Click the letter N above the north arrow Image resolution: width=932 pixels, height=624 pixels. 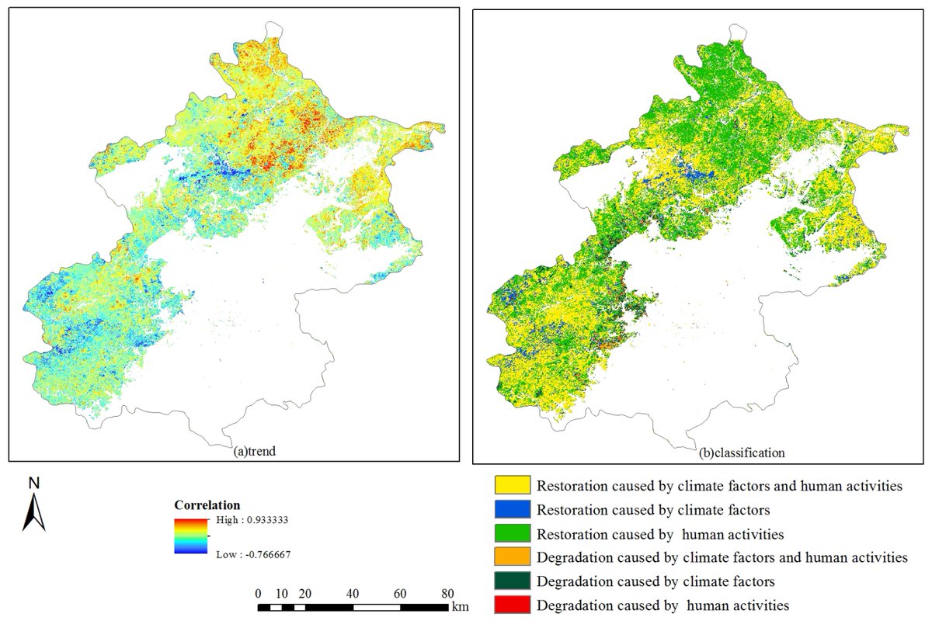click(x=33, y=484)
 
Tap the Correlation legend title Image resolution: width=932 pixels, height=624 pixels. click(x=207, y=504)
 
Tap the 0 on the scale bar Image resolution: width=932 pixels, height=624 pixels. click(x=259, y=593)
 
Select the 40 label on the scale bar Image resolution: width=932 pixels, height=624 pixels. click(x=353, y=593)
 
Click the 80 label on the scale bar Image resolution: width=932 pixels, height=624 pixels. click(x=447, y=593)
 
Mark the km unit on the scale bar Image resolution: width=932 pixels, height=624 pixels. click(x=461, y=605)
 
